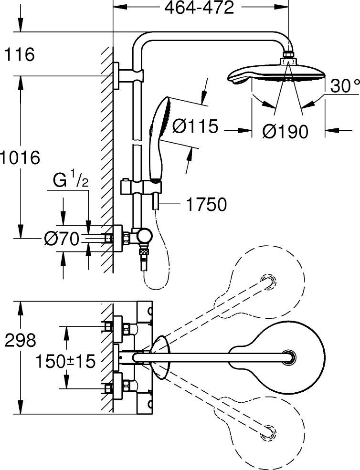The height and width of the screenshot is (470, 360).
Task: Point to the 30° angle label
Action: coord(344,86)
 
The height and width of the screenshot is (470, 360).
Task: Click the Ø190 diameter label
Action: coord(285,131)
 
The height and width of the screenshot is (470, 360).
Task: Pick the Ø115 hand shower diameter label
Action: coord(195,127)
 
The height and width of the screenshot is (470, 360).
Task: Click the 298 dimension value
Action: coord(20,340)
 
